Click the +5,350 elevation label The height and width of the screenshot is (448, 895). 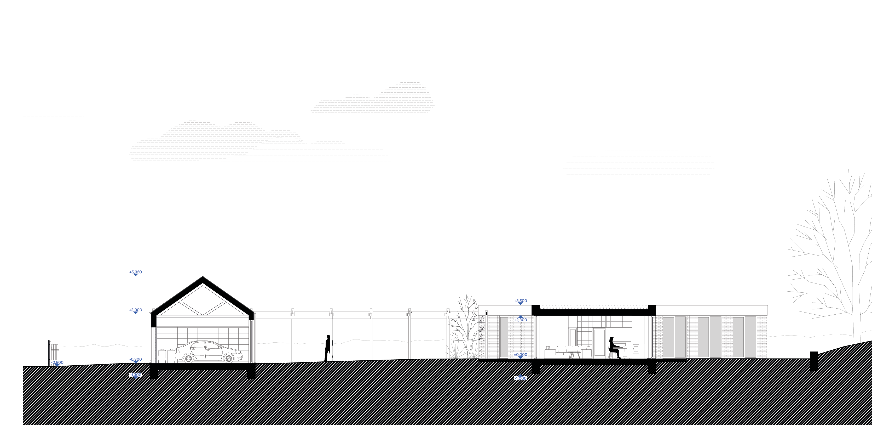coord(136,272)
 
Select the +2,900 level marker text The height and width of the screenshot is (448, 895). coord(136,310)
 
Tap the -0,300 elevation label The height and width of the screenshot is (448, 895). coord(136,359)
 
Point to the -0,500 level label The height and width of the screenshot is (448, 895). coord(57,362)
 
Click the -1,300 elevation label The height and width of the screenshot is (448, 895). coord(136,375)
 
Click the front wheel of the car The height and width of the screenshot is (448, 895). coord(228,358)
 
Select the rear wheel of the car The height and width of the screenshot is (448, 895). coord(189,358)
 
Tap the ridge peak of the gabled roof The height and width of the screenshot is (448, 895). coord(203,277)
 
